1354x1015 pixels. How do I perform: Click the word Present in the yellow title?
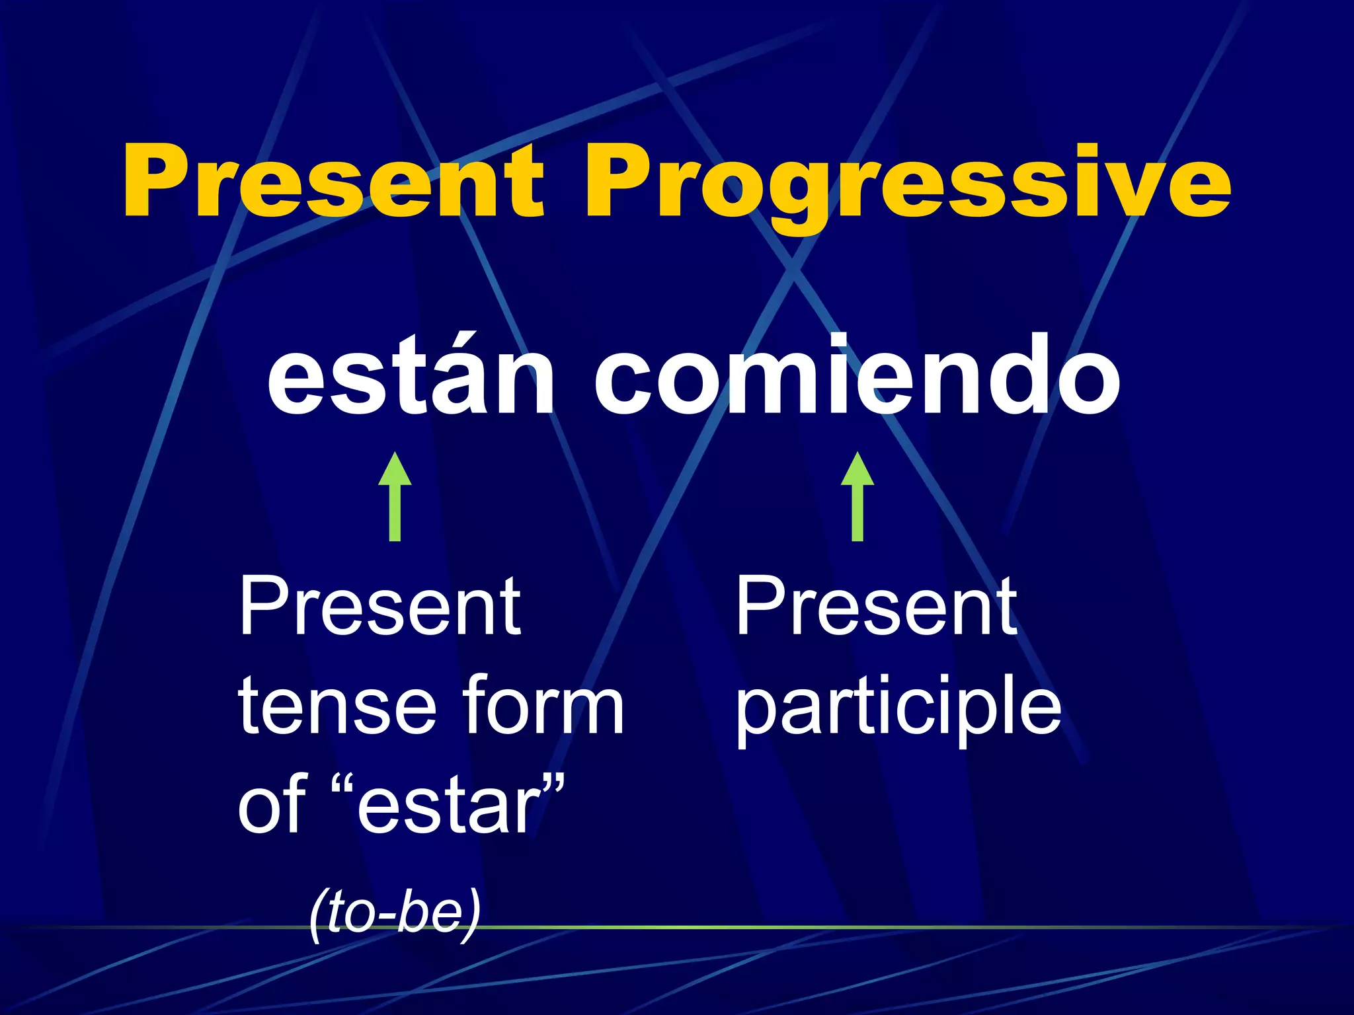point(334,182)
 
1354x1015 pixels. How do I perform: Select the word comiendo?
point(856,377)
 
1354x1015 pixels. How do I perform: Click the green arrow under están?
point(395,497)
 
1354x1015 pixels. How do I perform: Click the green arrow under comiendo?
point(857,497)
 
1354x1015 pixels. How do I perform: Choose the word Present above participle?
point(876,607)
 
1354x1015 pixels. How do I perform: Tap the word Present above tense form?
point(380,607)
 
